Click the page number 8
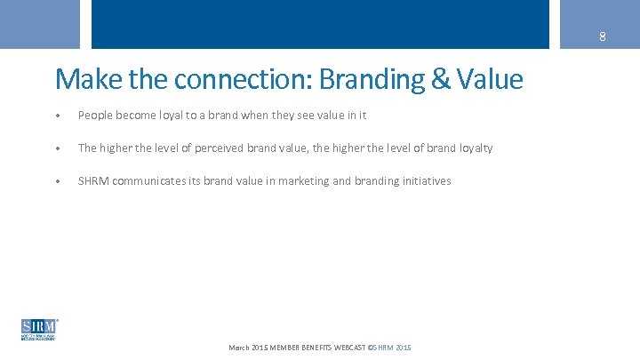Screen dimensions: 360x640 tap(602, 36)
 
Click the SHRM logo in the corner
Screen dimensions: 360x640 tap(39, 329)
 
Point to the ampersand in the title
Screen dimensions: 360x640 tap(441, 80)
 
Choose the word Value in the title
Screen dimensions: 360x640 tap(490, 80)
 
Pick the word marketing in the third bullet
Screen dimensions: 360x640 tap(303, 181)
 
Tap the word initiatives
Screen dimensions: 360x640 tap(428, 181)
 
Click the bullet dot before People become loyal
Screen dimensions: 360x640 tap(58, 116)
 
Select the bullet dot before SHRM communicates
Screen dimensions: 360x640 tap(58, 181)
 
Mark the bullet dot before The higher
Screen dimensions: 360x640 tap(58, 148)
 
